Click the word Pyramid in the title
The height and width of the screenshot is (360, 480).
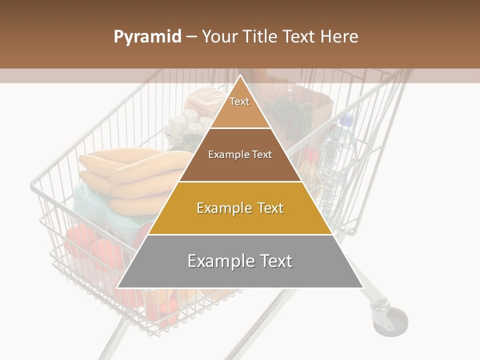click(x=147, y=37)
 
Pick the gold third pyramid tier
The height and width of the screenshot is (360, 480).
click(x=240, y=208)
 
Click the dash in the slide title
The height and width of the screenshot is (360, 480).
click(x=191, y=37)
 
